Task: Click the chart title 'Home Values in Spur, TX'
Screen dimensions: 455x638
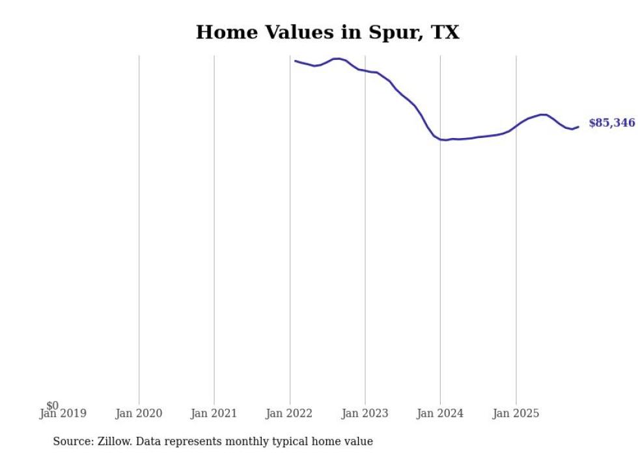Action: click(327, 33)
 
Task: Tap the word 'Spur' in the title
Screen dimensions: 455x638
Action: click(399, 33)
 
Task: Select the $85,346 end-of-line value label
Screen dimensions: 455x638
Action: click(611, 123)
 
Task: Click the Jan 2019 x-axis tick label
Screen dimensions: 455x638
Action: click(62, 413)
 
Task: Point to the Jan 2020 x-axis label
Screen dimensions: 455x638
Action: click(139, 413)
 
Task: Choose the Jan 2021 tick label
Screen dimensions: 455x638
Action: click(214, 413)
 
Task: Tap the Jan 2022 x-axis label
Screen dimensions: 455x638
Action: click(289, 413)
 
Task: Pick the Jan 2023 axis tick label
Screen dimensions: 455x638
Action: click(365, 413)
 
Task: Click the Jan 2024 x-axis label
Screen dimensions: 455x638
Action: click(440, 413)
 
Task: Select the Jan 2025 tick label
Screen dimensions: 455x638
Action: click(516, 413)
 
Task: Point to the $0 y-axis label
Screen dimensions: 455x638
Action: click(52, 406)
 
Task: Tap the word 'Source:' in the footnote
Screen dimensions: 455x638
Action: click(73, 441)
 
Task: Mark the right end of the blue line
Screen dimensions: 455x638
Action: click(578, 126)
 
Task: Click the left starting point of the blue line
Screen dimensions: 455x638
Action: click(295, 61)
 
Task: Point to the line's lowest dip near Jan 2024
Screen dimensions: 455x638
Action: click(444, 140)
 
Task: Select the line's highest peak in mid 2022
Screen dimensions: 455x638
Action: click(337, 59)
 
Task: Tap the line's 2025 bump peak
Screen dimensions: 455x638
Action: click(543, 115)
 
